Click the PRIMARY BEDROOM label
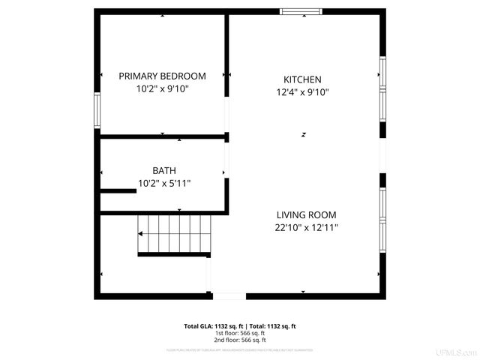pos(162,76)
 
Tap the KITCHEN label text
pos(302,79)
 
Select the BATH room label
pos(164,170)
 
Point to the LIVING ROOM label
pos(305,214)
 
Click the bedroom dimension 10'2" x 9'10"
pos(162,88)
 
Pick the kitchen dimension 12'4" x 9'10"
pos(302,92)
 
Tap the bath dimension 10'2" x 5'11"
pos(164,183)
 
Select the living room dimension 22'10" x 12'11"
pos(305,227)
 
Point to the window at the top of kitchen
pos(301,11)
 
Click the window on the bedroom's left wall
pos(97,112)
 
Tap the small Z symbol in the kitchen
pos(304,134)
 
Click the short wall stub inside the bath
pos(118,191)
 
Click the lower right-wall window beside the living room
pos(382,218)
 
